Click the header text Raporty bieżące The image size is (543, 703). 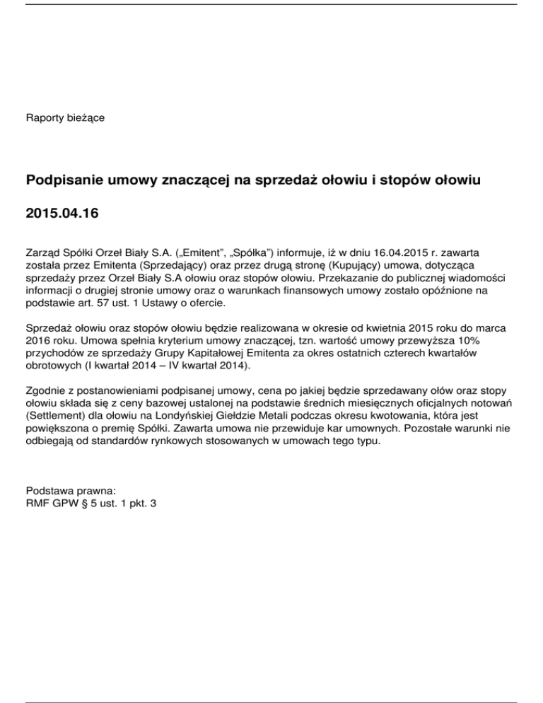point(65,117)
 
